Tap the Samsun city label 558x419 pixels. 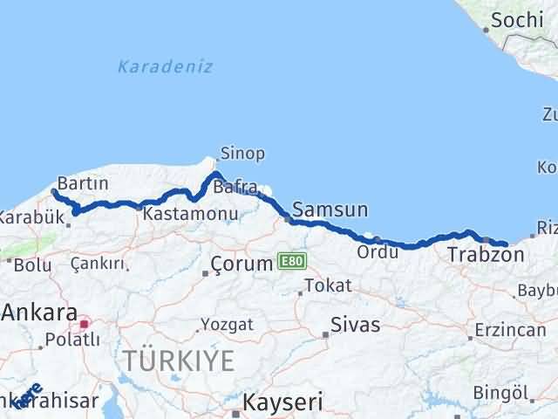(x=330, y=209)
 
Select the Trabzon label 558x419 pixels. (x=485, y=256)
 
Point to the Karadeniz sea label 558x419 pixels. (x=165, y=66)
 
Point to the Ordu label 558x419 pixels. (x=377, y=251)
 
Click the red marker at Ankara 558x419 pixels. (x=85, y=324)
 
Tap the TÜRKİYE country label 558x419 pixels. (x=178, y=361)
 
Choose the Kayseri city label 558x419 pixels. (x=282, y=403)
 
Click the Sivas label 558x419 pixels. (x=355, y=325)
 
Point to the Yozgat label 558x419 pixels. (x=227, y=324)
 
